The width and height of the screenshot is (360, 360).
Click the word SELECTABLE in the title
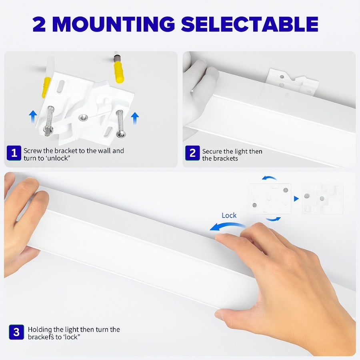[250, 24]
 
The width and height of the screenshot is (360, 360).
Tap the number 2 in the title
[39, 24]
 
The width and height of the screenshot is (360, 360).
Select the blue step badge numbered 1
[14, 153]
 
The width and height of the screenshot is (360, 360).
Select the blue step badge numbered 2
[192, 153]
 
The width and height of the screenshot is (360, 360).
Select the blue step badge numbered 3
[16, 332]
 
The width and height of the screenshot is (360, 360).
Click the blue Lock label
[229, 215]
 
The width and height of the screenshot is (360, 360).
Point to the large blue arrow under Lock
[227, 226]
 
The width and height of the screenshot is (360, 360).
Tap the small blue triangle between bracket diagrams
[296, 198]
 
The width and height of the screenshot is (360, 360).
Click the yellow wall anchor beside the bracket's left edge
[46, 87]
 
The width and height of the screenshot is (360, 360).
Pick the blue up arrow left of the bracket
[33, 116]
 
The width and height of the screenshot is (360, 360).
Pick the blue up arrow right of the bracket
[135, 118]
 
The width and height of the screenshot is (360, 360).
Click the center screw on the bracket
[83, 118]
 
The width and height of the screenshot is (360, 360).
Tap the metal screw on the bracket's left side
[50, 120]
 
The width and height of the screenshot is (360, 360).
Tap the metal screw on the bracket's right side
[120, 124]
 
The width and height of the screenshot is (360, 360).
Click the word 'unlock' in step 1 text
[58, 158]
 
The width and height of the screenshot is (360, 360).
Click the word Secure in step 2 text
[212, 152]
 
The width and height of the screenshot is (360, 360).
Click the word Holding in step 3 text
[40, 330]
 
